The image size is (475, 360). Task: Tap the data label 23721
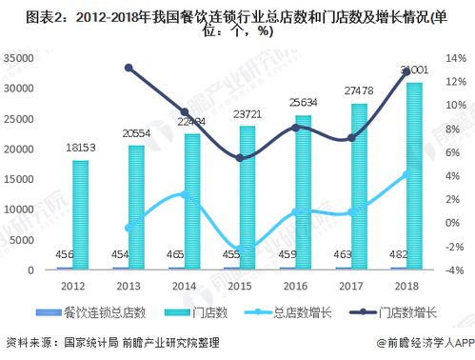point(246,115)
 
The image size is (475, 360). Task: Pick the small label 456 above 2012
point(68,255)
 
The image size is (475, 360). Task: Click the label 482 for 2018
point(402,255)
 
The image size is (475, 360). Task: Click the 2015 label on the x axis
point(239,285)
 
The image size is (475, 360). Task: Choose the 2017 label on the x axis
point(351,285)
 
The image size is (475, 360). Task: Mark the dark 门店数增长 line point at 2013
point(129,68)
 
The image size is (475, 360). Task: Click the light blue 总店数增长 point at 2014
point(185,194)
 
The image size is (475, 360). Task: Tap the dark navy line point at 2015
point(240,158)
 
